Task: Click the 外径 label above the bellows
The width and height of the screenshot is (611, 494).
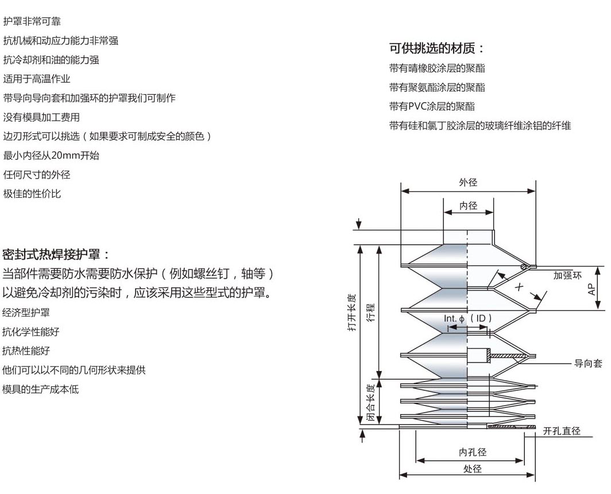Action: [x=468, y=183]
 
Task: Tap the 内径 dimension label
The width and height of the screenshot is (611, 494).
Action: [x=468, y=205]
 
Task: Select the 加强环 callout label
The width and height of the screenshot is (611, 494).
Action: [x=567, y=275]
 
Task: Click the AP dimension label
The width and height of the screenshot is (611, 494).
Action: [x=592, y=288]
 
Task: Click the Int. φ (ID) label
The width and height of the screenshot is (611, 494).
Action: [x=468, y=318]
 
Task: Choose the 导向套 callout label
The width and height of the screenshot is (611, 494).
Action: [x=588, y=364]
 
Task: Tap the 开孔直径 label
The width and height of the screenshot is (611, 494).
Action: [x=562, y=431]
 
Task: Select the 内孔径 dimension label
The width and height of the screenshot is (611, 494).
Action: [x=473, y=452]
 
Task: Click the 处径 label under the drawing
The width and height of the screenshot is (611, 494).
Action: [x=472, y=468]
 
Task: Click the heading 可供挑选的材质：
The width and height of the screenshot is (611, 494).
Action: [x=437, y=48]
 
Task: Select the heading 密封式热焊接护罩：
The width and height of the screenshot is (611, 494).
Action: [x=56, y=254]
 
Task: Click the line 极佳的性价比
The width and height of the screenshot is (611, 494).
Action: [x=32, y=194]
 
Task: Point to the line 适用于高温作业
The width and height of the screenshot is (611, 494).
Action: [x=37, y=79]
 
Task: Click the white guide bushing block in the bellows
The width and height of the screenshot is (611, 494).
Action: [x=477, y=355]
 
